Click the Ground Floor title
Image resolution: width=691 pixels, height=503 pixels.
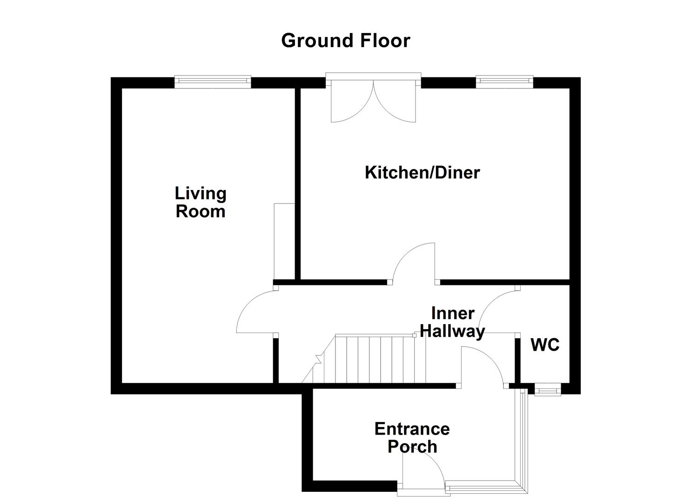click(345, 41)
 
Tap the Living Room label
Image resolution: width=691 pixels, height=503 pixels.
click(201, 202)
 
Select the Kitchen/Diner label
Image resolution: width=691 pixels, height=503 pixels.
click(422, 173)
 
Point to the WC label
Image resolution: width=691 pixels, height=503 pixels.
click(545, 345)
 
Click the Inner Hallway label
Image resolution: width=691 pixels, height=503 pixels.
click(452, 322)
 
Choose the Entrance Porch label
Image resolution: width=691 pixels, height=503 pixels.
click(412, 437)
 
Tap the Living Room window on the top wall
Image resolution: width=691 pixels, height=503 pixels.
click(213, 82)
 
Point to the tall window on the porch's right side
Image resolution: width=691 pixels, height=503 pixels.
click(524, 440)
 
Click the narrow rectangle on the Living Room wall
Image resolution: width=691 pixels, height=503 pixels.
click(284, 241)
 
